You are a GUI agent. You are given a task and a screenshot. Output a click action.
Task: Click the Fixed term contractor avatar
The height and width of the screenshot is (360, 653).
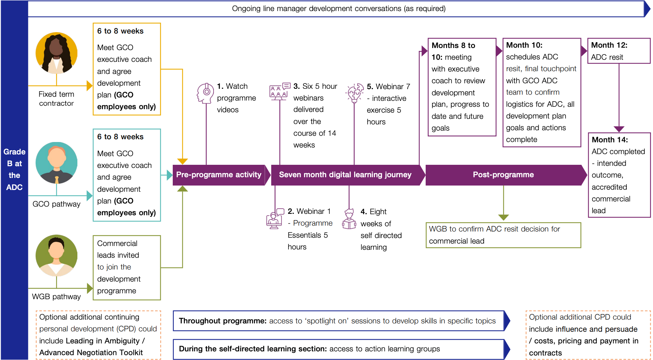pyautogui.click(x=56, y=53)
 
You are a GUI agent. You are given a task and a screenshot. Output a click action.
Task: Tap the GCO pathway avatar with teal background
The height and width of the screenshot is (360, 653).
pyautogui.click(x=56, y=163)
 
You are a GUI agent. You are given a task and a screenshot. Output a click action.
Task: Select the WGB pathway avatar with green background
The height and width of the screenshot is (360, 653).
pyautogui.click(x=56, y=255)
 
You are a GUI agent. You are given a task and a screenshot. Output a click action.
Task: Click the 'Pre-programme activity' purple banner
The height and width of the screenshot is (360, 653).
pyautogui.click(x=219, y=175)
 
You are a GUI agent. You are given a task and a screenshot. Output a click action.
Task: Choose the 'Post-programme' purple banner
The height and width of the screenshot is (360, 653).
pyautogui.click(x=504, y=175)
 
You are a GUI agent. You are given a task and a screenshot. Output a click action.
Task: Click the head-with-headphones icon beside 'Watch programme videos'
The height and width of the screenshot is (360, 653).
pyautogui.click(x=205, y=93)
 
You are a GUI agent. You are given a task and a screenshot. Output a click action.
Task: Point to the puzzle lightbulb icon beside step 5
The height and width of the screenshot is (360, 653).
pyautogui.click(x=354, y=93)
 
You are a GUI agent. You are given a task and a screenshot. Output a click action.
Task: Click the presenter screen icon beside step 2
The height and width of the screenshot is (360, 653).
pyautogui.click(x=275, y=218)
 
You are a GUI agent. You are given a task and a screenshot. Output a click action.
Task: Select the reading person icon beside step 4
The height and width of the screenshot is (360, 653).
pyautogui.click(x=349, y=219)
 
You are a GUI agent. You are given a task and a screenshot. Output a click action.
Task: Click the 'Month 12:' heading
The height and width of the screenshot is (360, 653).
pyautogui.click(x=609, y=45)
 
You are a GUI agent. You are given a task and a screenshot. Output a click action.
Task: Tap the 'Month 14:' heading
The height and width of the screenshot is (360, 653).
pyautogui.click(x=610, y=140)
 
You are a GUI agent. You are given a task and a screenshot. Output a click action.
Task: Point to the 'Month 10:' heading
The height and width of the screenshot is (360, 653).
pyautogui.click(x=524, y=45)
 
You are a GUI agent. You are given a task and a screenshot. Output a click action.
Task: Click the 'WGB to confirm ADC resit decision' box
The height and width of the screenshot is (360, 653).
pyautogui.click(x=503, y=235)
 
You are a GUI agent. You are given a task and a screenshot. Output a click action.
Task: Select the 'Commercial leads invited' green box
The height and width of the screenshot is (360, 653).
pyautogui.click(x=127, y=267)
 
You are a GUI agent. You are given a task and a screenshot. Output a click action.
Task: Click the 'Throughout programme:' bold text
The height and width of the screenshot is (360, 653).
pyautogui.click(x=223, y=321)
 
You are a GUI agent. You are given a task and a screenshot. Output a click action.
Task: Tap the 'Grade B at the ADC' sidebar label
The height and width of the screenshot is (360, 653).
pyautogui.click(x=15, y=169)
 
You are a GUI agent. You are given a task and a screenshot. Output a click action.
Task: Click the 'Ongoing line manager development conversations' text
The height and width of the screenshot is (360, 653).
pyautogui.click(x=339, y=9)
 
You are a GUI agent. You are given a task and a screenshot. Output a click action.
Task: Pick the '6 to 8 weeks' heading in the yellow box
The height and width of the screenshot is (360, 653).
pyautogui.click(x=120, y=31)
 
